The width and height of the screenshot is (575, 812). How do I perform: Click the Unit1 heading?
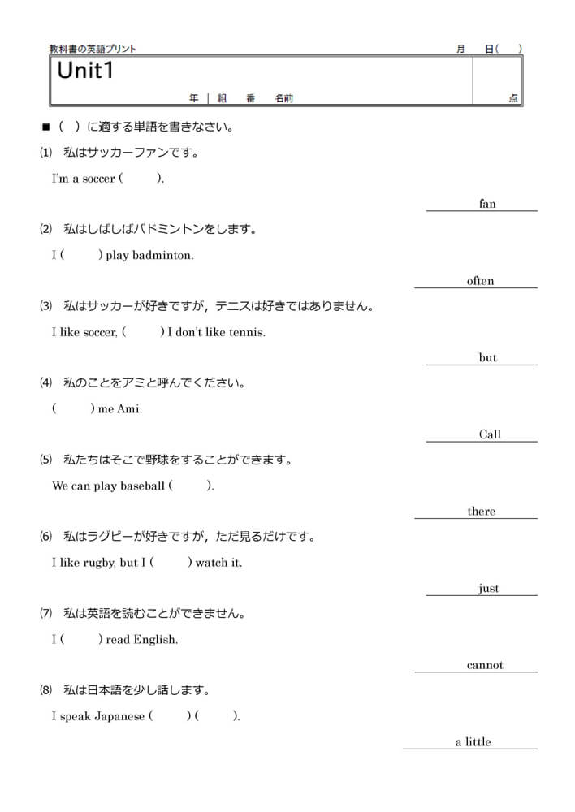point(84,71)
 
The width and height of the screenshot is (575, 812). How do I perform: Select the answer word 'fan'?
point(487,205)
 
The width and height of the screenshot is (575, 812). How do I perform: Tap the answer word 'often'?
point(480,281)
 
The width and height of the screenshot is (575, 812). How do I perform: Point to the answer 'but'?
point(487,358)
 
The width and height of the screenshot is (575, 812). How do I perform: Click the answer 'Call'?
point(490,434)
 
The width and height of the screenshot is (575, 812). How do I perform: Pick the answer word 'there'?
point(481,512)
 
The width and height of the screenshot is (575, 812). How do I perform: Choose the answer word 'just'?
point(489,589)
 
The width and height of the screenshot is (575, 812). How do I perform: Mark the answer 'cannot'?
point(485,665)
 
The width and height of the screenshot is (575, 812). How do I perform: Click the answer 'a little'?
point(473,742)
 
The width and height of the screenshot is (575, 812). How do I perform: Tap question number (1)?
point(45,153)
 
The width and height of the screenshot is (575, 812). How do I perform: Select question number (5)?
point(45,460)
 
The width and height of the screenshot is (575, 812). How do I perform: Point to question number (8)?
point(45,691)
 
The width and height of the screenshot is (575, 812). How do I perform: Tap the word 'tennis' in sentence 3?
point(247,332)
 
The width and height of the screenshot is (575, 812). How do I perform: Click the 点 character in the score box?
point(513,98)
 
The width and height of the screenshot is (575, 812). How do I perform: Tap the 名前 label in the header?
point(283,98)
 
